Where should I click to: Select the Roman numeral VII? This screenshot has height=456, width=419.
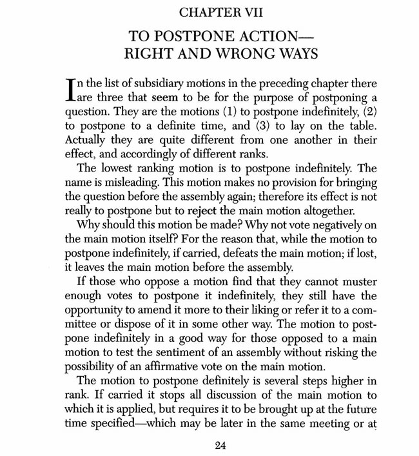point(231,11)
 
